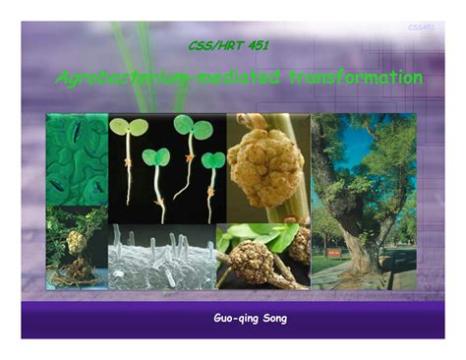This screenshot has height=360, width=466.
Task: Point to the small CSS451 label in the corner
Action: tap(422, 28)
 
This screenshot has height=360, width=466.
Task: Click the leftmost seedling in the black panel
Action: tap(128, 148)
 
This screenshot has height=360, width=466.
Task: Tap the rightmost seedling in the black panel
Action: tap(212, 172)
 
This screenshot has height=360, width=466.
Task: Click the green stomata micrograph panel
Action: tap(77, 157)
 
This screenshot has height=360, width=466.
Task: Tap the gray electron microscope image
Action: tap(161, 258)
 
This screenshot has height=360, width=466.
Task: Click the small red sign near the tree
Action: tap(333, 253)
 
